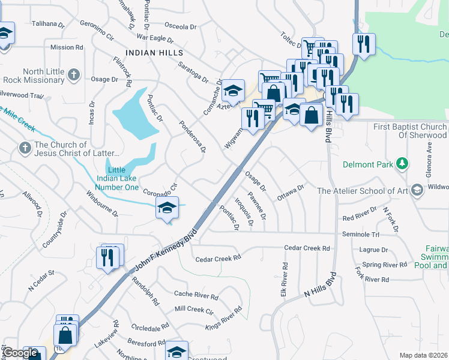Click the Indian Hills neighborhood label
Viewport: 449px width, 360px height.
[x=154, y=53]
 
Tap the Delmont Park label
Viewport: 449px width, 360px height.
[x=367, y=164]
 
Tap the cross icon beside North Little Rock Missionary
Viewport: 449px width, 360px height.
[x=73, y=76]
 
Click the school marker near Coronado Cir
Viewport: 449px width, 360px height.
[x=167, y=209]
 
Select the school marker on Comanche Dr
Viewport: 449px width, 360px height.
[x=233, y=91]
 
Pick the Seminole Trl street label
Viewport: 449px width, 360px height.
[x=361, y=234]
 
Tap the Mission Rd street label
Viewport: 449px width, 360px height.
[x=67, y=47]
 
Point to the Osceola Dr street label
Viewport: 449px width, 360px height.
[x=181, y=27]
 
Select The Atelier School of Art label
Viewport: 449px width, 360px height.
[x=362, y=191]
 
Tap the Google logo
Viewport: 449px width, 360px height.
[x=20, y=353]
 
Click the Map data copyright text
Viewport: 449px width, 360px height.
[x=423, y=355]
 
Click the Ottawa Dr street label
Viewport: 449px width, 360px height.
[x=292, y=193]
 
